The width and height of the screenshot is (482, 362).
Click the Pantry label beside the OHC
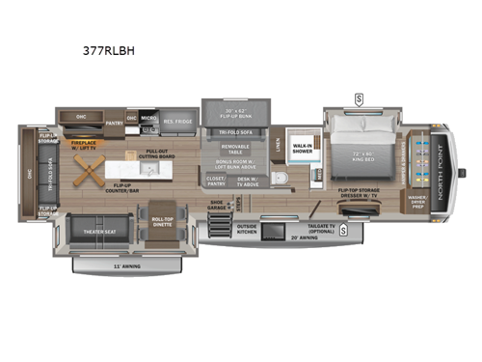[x=115, y=123]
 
